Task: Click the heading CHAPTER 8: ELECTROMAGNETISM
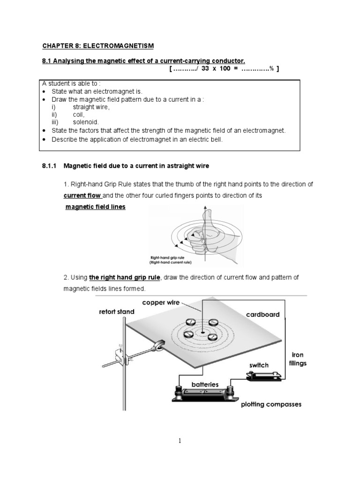pyautogui.click(x=98, y=45)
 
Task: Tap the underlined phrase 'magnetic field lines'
pyautogui.click(x=95, y=207)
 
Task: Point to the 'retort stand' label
pyautogui.click(x=117, y=311)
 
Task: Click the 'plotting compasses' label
pyautogui.click(x=271, y=404)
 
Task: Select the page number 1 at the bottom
pyautogui.click(x=180, y=441)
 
